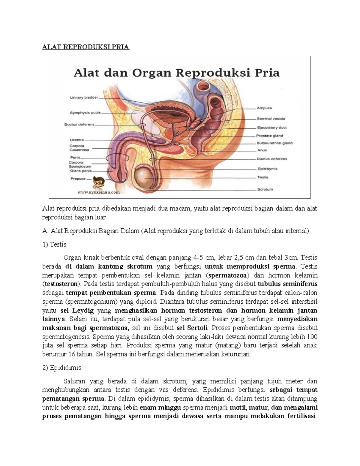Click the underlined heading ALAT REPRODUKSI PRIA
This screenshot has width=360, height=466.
pos(85,47)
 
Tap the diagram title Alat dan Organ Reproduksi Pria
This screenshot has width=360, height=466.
pos(177,73)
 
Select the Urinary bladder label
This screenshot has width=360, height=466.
pos(84,98)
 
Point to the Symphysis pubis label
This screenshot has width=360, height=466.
pos(85,113)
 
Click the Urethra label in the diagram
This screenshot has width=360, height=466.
pos(77,140)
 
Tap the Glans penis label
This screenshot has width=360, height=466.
pos(81,171)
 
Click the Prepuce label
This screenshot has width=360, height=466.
pos(78,179)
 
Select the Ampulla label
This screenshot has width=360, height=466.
pos(264,108)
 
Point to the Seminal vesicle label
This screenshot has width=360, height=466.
pos(271,119)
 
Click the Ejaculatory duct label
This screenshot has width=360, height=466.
pos(271,128)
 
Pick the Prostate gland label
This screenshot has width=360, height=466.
pos(269,136)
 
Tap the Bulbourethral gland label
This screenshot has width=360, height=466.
pos(274,143)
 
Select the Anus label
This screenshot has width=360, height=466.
pos(262,150)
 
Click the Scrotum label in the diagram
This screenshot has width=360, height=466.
pos(265,189)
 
